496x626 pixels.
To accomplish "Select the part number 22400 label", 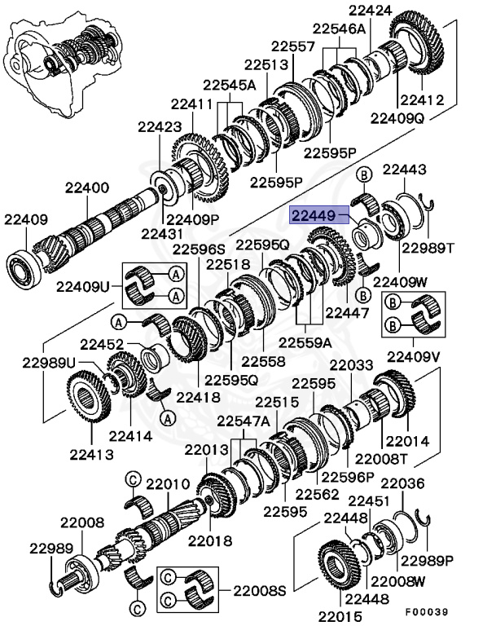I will click(x=87, y=188).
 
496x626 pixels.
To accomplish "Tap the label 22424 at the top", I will click(x=371, y=11).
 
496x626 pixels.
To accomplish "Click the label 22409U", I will click(x=83, y=286).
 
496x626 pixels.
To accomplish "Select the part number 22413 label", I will click(x=91, y=455).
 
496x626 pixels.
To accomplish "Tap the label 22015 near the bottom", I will click(x=340, y=615).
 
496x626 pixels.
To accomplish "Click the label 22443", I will click(x=405, y=170).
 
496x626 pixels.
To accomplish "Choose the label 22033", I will click(x=352, y=366).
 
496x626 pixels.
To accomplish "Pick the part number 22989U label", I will click(x=48, y=363).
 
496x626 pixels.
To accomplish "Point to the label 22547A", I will click(x=243, y=421).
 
